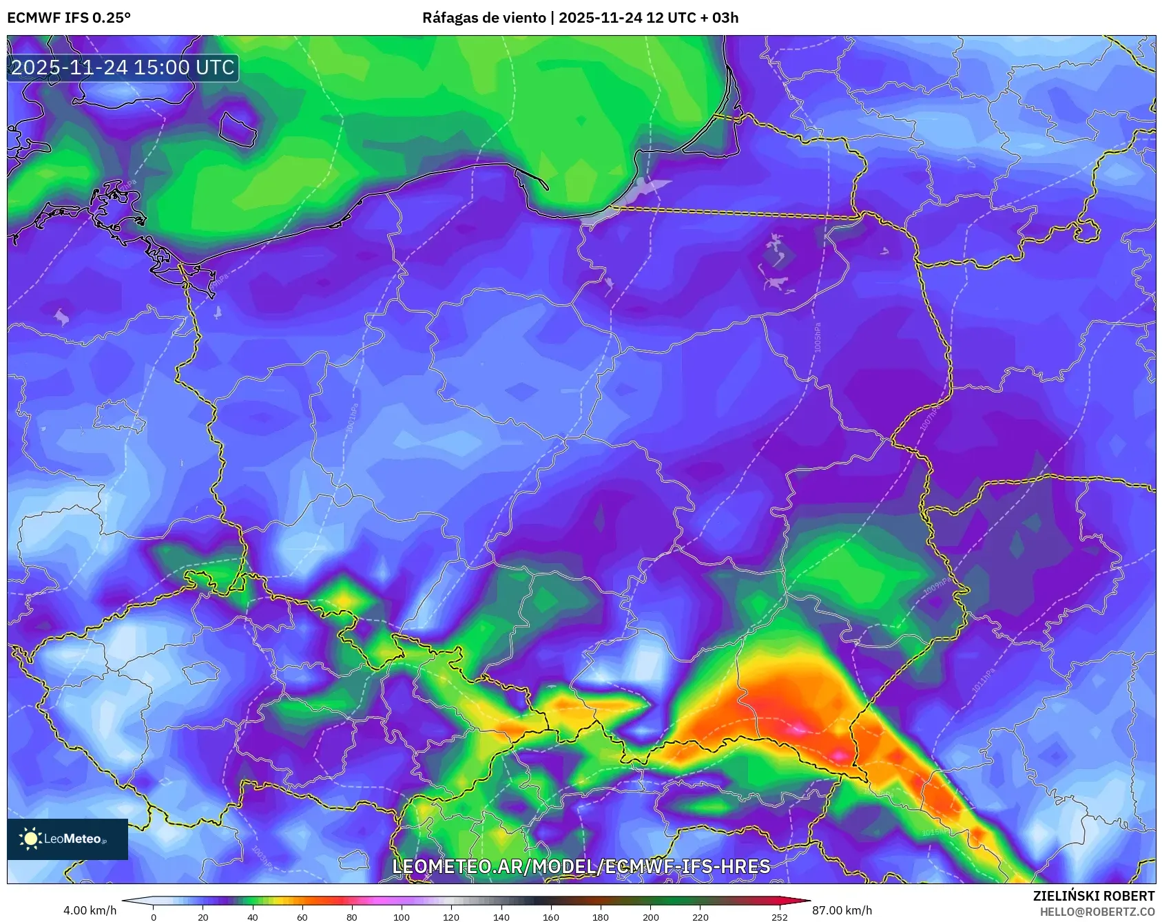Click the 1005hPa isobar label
[x=818, y=337]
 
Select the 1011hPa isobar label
[x=984, y=680]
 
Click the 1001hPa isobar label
[x=352, y=418]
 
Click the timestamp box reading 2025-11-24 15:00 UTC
[x=123, y=67]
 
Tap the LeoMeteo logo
[x=68, y=839]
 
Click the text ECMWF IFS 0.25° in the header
[x=69, y=18]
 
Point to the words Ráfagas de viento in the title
[x=484, y=18]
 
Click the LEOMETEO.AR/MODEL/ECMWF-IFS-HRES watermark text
[x=581, y=866]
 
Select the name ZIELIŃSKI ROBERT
[x=1093, y=896]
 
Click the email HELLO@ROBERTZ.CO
[x=1097, y=912]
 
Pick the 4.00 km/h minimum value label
[x=90, y=910]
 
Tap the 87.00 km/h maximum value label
[x=842, y=910]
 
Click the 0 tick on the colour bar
[x=153, y=917]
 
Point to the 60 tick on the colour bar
[x=302, y=917]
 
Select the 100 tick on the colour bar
[x=402, y=917]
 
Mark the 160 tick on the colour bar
[x=551, y=917]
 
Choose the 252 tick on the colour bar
[x=780, y=917]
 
